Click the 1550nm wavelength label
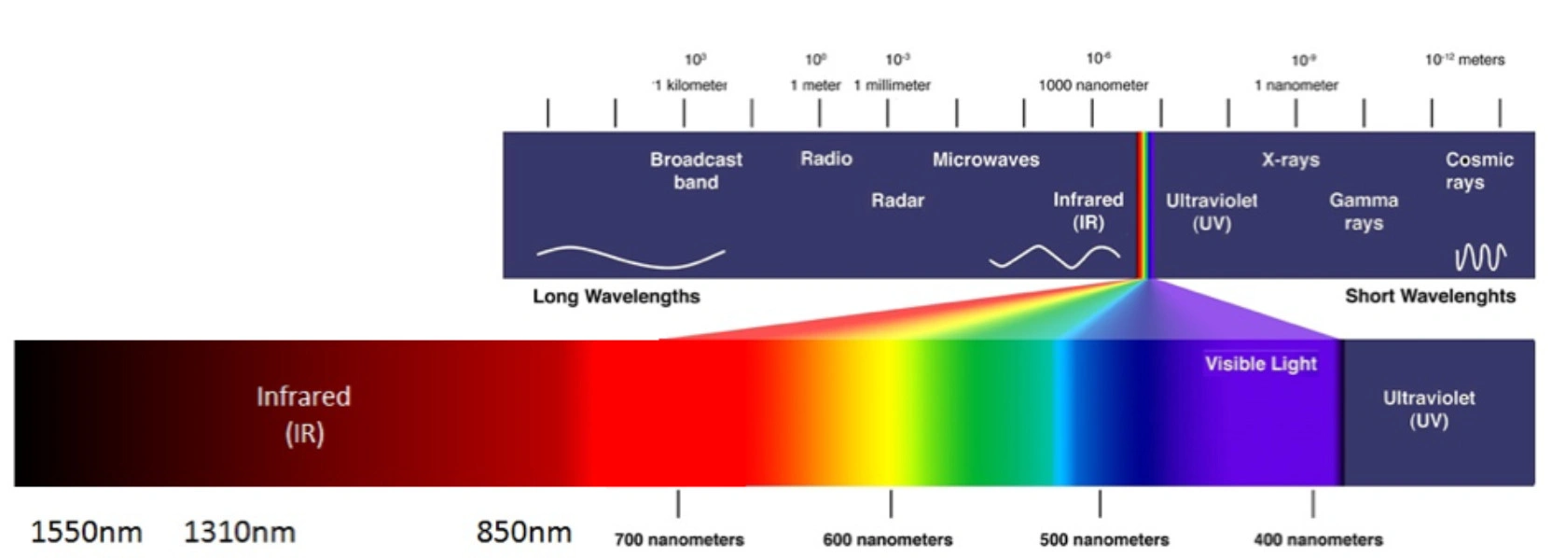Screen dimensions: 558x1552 [x=86, y=533]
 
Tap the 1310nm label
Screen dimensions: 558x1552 [x=239, y=533]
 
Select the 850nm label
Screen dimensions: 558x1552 [x=523, y=532]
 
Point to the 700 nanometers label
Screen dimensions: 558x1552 [x=679, y=540]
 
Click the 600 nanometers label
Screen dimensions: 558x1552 [x=887, y=540]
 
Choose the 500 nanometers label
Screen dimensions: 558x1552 [x=1103, y=540]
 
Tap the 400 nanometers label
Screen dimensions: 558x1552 [x=1318, y=540]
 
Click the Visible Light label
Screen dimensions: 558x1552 [x=1260, y=364]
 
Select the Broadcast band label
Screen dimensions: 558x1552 [x=696, y=171]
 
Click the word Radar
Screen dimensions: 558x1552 [x=897, y=201]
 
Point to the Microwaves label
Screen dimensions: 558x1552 [x=985, y=160]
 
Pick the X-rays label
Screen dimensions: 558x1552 [x=1290, y=160]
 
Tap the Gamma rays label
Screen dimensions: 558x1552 [x=1363, y=212]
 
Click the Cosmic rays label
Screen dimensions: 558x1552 [x=1478, y=171]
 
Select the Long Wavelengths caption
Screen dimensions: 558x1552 [x=616, y=297]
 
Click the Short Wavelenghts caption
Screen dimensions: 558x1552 [x=1429, y=297]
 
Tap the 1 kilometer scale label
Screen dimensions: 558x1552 [x=690, y=85]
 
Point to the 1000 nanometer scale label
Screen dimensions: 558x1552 [x=1093, y=85]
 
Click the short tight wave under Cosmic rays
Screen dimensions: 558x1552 [x=1480, y=257]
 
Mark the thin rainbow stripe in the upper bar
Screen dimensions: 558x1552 [x=1144, y=205]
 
